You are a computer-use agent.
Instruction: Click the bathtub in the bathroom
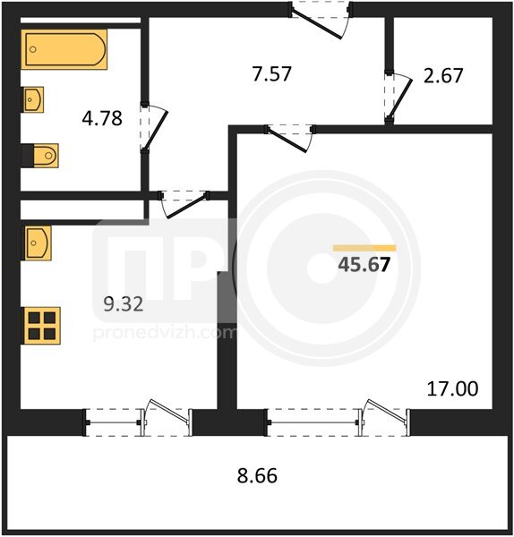[x=64, y=49]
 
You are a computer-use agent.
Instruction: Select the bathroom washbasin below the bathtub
[x=32, y=99]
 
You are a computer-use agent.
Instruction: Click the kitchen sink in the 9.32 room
[x=37, y=243]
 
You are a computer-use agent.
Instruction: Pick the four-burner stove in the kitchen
[x=41, y=326]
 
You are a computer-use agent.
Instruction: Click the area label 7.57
[x=271, y=73]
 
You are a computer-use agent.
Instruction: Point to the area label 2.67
[x=443, y=75]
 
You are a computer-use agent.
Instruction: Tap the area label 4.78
[x=102, y=118]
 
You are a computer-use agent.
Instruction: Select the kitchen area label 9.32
[x=124, y=304]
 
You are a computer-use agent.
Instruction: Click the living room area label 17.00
[x=452, y=388]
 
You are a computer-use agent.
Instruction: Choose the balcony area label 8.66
[x=257, y=476]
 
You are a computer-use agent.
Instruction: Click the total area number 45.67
[x=364, y=264]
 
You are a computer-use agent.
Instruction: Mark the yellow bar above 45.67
[x=364, y=248]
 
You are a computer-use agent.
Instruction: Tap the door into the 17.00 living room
[x=287, y=140]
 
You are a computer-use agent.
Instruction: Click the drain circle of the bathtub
[x=33, y=49]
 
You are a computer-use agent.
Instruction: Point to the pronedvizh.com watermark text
[x=165, y=333]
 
